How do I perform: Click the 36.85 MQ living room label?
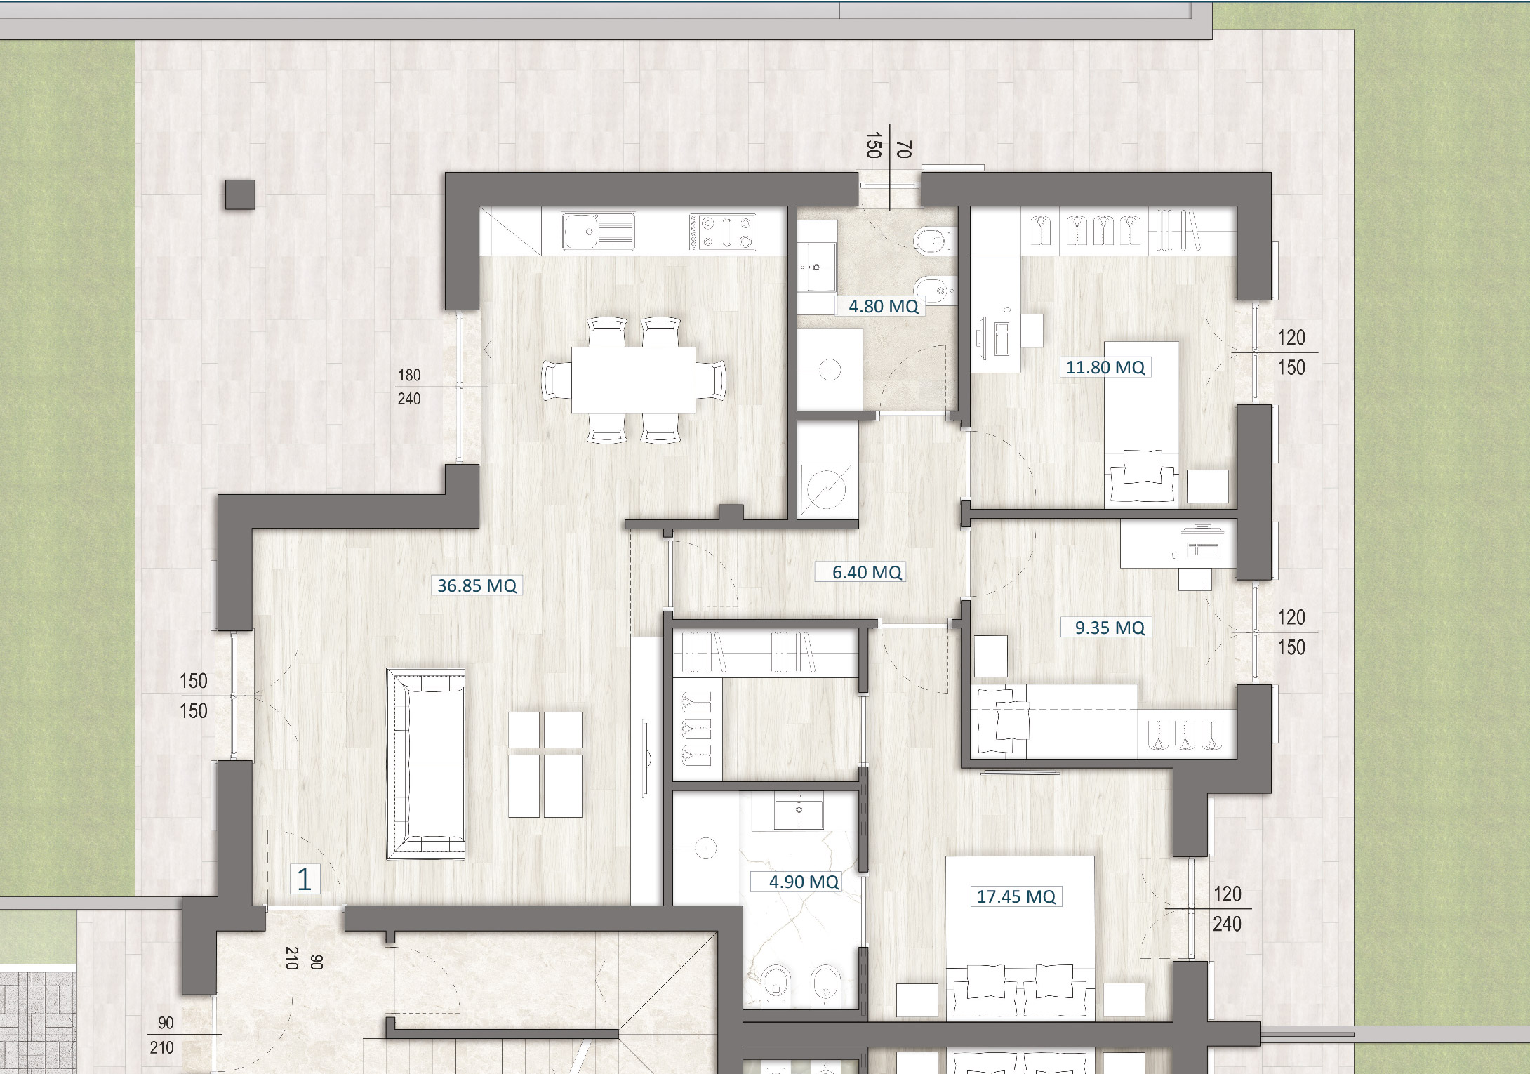coord(477,585)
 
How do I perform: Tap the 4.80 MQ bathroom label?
coord(883,306)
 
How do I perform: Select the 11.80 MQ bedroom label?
coord(1105,367)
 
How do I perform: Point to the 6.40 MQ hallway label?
coord(866,572)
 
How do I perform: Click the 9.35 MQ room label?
coord(1110,628)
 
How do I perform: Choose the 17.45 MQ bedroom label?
coord(1016,896)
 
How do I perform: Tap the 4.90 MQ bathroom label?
coord(804,882)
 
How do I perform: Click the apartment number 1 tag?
coord(305,879)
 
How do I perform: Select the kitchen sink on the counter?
coord(599,232)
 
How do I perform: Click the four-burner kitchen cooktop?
coord(722,232)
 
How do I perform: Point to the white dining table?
coord(633,380)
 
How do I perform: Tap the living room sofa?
coord(426,764)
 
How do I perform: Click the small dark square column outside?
coord(240,194)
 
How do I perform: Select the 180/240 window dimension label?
coord(409,387)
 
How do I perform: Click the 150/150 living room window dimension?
coord(193,696)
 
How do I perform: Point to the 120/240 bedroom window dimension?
coord(1227,909)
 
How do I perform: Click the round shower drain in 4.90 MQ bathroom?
coord(705,848)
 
